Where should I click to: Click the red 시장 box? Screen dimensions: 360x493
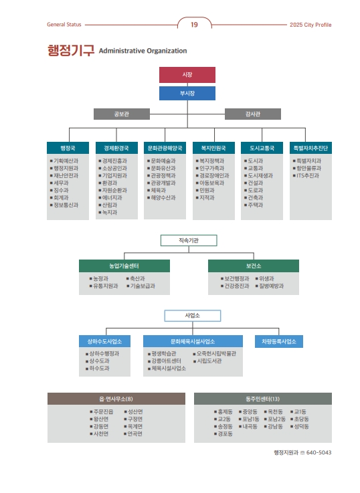coord(187,75)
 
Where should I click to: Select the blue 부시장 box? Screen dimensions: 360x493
coord(187,94)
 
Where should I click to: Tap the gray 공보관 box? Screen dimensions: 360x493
coord(121,114)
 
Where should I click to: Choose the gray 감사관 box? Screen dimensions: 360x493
coord(253,114)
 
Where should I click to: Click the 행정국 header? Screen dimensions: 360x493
coord(68,148)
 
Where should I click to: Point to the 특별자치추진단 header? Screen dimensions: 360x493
coord(310,148)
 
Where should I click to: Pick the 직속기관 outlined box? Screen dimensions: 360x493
coord(189,241)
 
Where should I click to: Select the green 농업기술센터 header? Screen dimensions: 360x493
coord(124,266)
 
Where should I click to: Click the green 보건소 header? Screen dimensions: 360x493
coord(254,266)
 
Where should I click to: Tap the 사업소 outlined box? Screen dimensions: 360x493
coord(193,316)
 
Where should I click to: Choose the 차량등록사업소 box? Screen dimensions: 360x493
coord(279,341)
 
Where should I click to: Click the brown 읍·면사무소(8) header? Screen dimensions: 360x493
coord(116,399)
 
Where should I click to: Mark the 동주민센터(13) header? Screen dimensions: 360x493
coord(263,399)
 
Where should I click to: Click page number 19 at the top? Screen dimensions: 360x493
coord(194,25)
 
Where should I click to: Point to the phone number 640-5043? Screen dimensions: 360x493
coord(319,452)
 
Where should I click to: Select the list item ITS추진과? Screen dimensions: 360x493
coord(308,176)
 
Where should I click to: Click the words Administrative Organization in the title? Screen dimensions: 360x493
coord(143,51)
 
